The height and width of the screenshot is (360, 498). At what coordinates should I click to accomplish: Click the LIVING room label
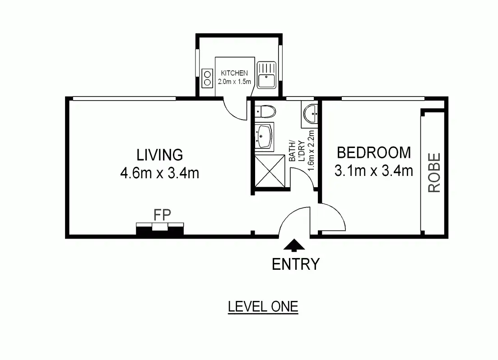tap(160, 155)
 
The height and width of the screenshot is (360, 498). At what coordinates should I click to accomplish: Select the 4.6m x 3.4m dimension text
tap(159, 173)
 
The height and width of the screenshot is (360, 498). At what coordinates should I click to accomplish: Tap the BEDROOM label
tap(374, 153)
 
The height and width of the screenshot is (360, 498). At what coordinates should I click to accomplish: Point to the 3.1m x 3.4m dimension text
tap(374, 171)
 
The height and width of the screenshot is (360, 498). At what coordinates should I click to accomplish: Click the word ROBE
tap(434, 173)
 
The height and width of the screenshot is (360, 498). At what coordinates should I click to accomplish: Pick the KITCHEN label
tap(234, 73)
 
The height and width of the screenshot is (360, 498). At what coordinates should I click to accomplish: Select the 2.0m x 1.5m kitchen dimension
tap(234, 82)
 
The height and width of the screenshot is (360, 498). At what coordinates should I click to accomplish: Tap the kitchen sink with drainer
tap(266, 75)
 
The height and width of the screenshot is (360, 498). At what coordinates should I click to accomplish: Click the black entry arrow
tap(295, 245)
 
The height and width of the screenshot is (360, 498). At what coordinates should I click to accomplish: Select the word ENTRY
tap(295, 264)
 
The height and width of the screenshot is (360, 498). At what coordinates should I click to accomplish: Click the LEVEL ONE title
tap(263, 307)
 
